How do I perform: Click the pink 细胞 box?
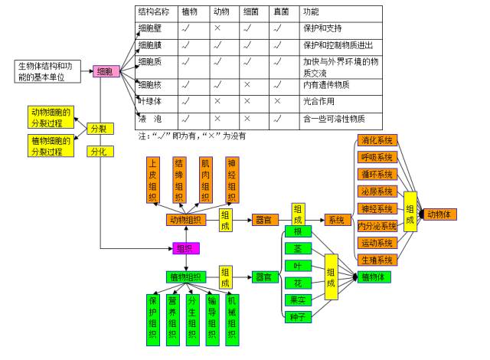click(x=106, y=71)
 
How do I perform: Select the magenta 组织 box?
click(x=184, y=248)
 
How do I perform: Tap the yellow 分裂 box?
click(x=99, y=129)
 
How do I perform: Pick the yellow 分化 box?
click(x=99, y=151)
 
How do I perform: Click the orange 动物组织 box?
click(x=184, y=220)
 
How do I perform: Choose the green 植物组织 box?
click(x=184, y=277)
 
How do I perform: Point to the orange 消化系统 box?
click(x=377, y=141)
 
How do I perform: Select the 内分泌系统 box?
click(x=377, y=226)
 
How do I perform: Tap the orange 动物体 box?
click(x=443, y=214)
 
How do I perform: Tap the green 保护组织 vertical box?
click(x=152, y=316)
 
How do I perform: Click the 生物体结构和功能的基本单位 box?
click(x=47, y=70)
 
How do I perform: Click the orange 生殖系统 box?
click(x=377, y=260)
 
